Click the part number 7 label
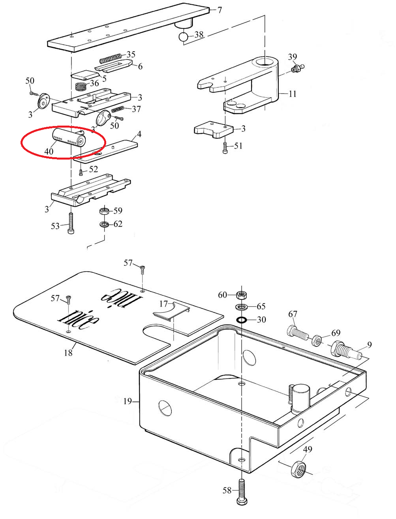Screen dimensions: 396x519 (x=220, y=10)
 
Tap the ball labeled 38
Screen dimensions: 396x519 (x=183, y=37)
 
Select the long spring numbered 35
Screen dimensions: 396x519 (x=111, y=58)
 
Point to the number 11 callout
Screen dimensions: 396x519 (x=293, y=94)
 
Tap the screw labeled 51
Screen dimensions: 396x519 (x=225, y=148)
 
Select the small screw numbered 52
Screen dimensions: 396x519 (x=81, y=173)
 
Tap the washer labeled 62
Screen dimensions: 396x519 (x=104, y=224)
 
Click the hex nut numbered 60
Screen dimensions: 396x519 (x=242, y=295)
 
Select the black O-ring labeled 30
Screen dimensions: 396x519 (x=241, y=320)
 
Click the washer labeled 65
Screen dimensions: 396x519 (x=241, y=307)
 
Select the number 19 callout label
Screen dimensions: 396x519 (x=128, y=401)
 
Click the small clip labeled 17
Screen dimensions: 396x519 (x=172, y=311)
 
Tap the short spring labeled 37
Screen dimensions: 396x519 (x=117, y=109)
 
